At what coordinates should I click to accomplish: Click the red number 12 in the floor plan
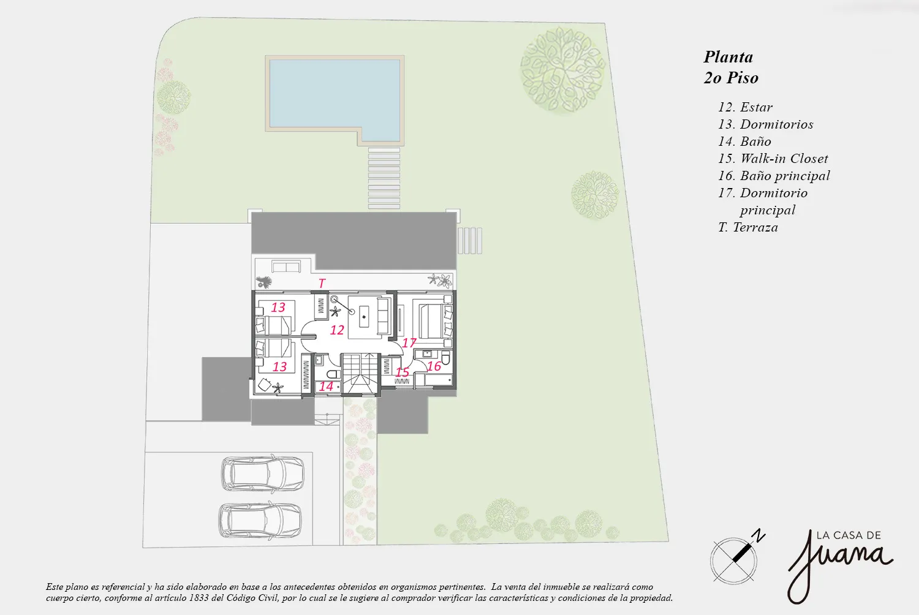pyautogui.click(x=337, y=330)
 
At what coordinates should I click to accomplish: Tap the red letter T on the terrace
pyautogui.click(x=322, y=283)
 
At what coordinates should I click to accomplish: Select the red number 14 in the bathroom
pyautogui.click(x=326, y=386)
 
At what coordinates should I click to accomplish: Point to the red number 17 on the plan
pyautogui.click(x=409, y=343)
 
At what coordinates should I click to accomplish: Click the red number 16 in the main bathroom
pyautogui.click(x=434, y=366)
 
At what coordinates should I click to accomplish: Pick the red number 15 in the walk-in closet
pyautogui.click(x=402, y=372)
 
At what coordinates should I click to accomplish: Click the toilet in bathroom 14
pyautogui.click(x=333, y=374)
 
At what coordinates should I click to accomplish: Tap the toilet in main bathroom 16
pyautogui.click(x=445, y=358)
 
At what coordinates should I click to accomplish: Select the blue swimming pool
pyautogui.click(x=335, y=99)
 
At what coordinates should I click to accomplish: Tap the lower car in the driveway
pyautogui.click(x=260, y=520)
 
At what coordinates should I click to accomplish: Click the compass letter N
pyautogui.click(x=760, y=536)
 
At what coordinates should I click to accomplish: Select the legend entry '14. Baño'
pyautogui.click(x=744, y=141)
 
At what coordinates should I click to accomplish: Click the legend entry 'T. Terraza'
pyautogui.click(x=748, y=227)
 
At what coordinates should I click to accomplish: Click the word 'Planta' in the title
pyautogui.click(x=728, y=57)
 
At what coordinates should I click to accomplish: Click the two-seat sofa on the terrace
pyautogui.click(x=286, y=267)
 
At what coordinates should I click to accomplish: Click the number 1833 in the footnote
pyautogui.click(x=199, y=598)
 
